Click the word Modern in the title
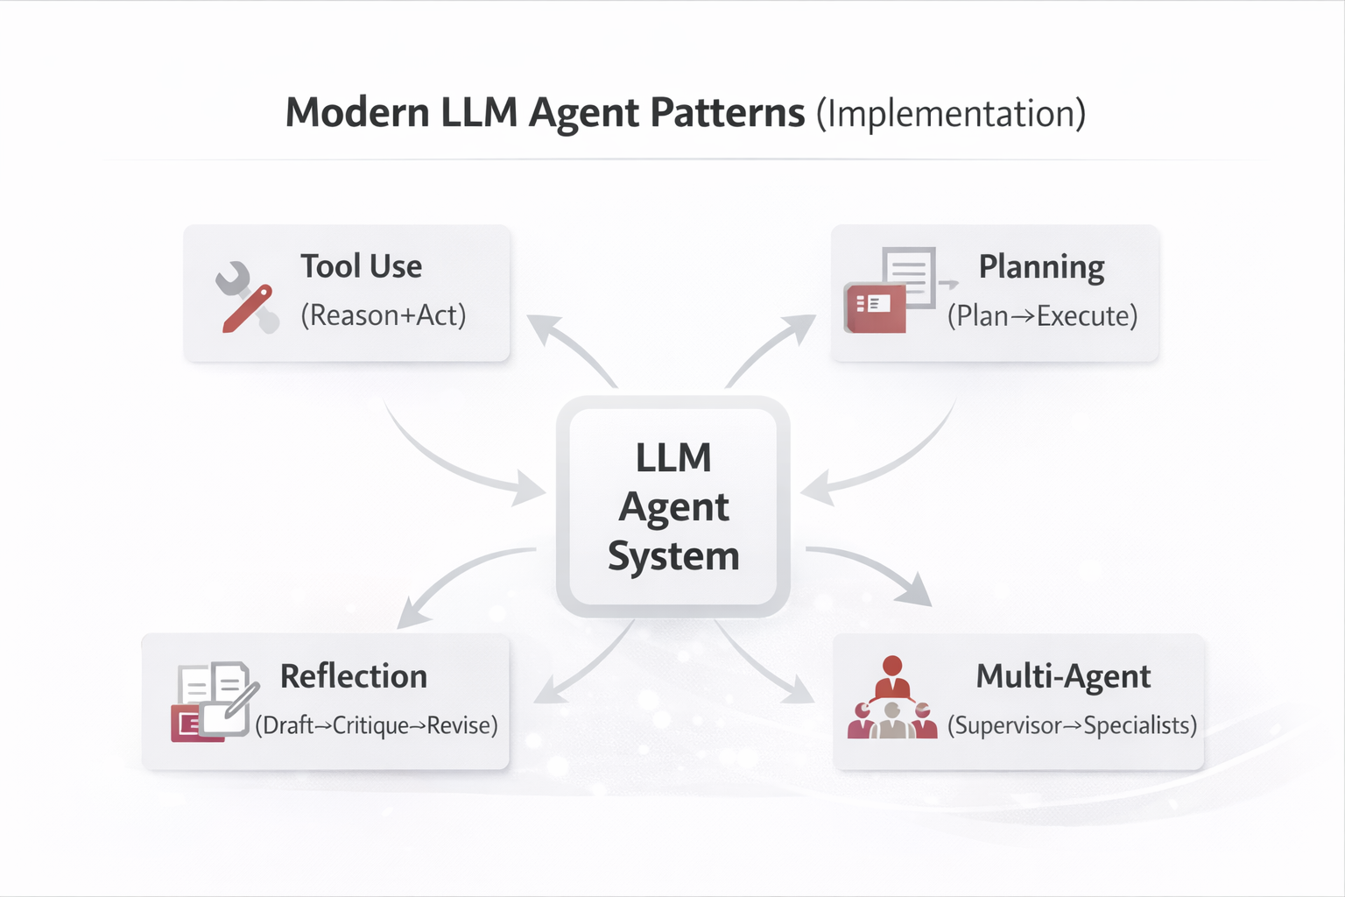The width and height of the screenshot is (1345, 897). pos(357,113)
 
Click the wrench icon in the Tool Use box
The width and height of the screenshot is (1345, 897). pos(246,298)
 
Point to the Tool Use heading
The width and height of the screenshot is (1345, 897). pos(361,266)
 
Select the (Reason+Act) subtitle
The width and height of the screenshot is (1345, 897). pos(383,315)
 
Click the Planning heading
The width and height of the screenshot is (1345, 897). pos(1041,267)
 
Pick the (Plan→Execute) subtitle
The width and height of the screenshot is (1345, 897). pos(1042,316)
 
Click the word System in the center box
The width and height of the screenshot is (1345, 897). pos(673,556)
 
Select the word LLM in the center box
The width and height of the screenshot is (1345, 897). pos(673,458)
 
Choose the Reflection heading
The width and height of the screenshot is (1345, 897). pos(353,676)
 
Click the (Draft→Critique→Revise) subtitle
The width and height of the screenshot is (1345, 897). pos(376,725)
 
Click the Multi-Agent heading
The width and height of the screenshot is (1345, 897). pos(1063,676)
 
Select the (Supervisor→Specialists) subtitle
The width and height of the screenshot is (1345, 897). pos(1072,725)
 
